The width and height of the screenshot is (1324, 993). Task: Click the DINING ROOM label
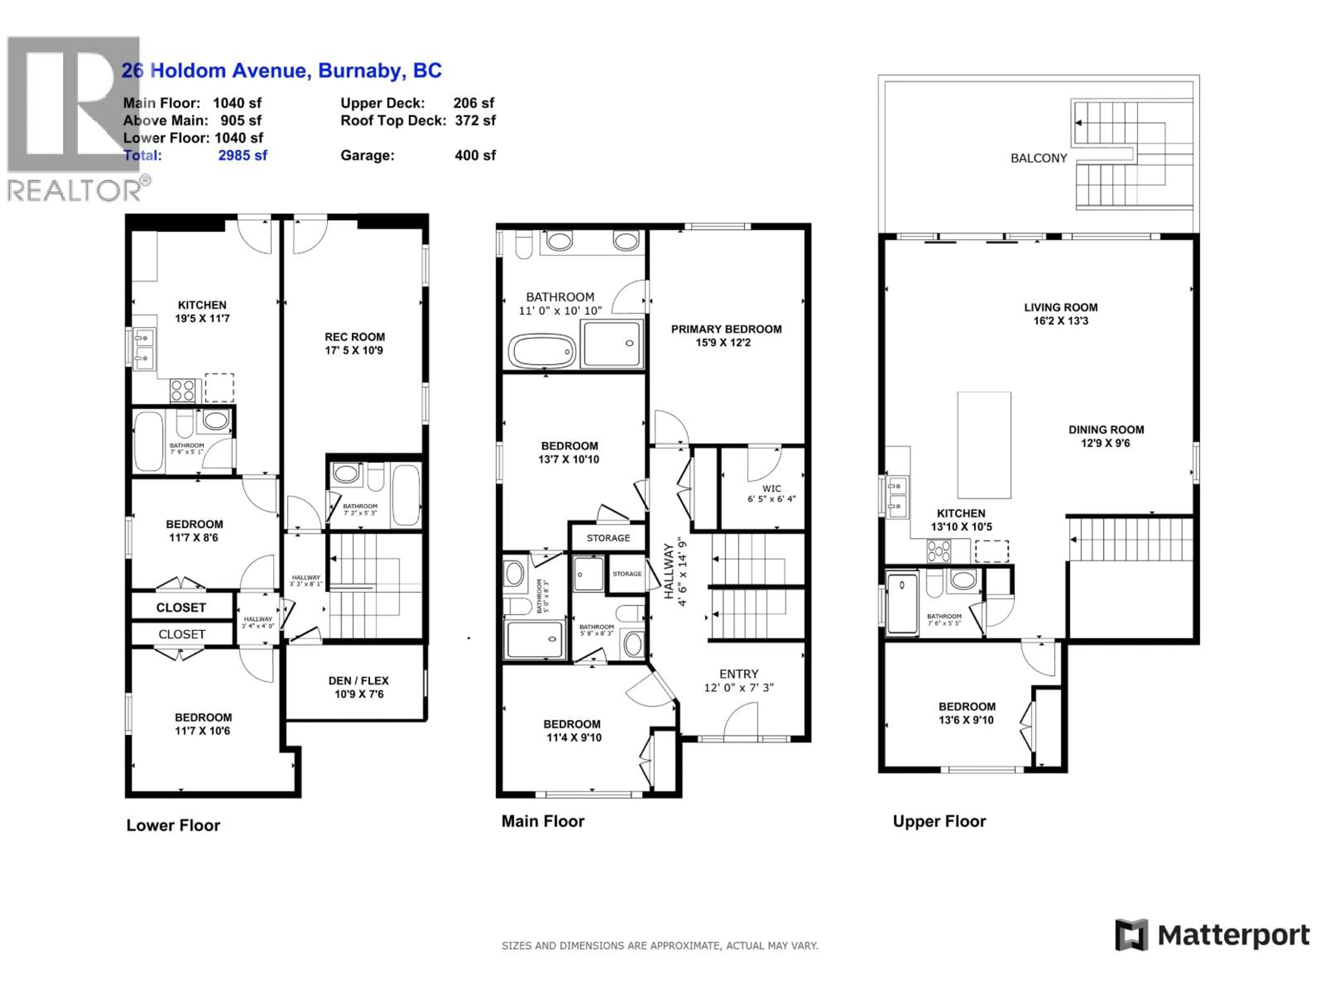coord(1105,430)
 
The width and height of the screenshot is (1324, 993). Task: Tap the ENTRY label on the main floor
coord(739,674)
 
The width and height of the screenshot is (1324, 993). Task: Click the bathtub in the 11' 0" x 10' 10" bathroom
coord(542,350)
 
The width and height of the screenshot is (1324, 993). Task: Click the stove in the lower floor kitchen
coord(182,391)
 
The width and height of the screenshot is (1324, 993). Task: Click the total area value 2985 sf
coord(242,156)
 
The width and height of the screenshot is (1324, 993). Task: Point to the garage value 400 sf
coord(475,156)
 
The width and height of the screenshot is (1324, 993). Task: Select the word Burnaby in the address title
coord(360,71)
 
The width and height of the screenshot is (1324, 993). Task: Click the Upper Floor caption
coord(939,821)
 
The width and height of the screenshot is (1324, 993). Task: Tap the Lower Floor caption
coord(173,825)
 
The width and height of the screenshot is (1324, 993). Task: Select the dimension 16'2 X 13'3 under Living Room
coord(1060,321)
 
